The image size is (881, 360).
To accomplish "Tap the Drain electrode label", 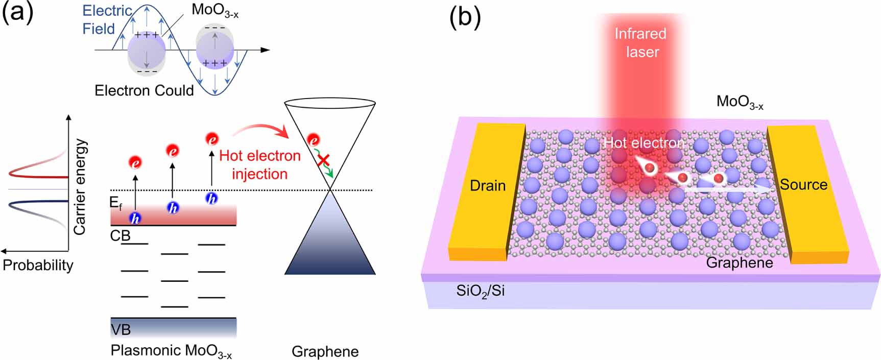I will point(487,185).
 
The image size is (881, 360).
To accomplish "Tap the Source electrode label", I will point(803,184).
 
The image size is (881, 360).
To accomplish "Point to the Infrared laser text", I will point(640,43).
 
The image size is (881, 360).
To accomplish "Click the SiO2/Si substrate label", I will point(480,292).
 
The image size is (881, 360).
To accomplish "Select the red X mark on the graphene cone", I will point(323,161).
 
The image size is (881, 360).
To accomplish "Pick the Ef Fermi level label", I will point(116,203).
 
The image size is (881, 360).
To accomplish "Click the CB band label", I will point(120,236).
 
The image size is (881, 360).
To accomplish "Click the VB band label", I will point(121,330).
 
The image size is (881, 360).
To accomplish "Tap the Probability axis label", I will point(38,265).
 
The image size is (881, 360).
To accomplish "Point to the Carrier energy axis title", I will point(79,187).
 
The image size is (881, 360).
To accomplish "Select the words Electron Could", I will point(144,90).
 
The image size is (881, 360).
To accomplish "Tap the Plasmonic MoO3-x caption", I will point(171,351).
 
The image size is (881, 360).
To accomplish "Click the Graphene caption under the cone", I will point(325,351).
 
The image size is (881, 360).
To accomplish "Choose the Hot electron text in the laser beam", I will point(643,143).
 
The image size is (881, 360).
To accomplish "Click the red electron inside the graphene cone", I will point(313,140).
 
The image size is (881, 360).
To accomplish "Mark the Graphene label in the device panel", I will point(739,262).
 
